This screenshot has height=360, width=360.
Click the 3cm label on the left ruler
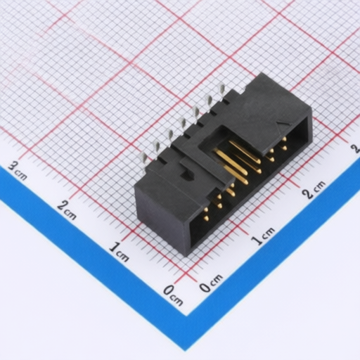(x=17, y=171)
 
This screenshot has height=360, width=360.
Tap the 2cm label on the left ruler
(x=67, y=210)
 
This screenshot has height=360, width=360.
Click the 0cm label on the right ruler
(x=211, y=283)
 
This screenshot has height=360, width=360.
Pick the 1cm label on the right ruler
(x=263, y=236)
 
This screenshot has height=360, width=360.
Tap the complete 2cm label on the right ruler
(x=314, y=190)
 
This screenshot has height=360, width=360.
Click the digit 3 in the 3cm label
(x=13, y=166)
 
